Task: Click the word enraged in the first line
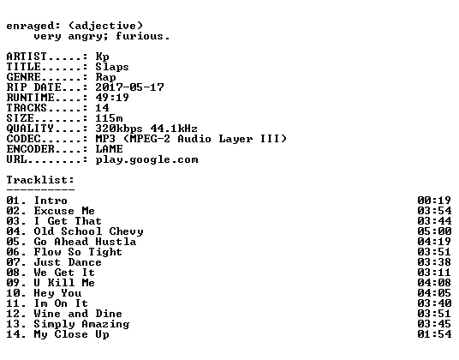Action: click(x=30, y=27)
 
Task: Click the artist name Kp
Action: click(x=102, y=57)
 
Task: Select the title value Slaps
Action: click(x=112, y=67)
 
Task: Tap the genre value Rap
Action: click(x=105, y=77)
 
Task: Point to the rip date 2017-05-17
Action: click(x=129, y=87)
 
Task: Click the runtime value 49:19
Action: click(x=112, y=98)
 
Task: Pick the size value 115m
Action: click(x=109, y=118)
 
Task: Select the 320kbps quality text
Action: click(x=119, y=129)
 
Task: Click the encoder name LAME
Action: click(x=109, y=149)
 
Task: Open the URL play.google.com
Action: click(x=146, y=160)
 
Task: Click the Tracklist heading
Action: click(x=40, y=180)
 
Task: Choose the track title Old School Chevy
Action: click(x=88, y=231)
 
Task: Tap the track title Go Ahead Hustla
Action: click(x=85, y=242)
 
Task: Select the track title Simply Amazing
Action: click(x=81, y=324)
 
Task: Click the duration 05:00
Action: click(x=434, y=231)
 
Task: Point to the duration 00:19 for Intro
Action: click(x=434, y=201)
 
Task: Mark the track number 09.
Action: click(x=13, y=283)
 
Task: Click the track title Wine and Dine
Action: click(x=78, y=314)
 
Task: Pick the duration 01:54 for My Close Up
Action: click(x=434, y=334)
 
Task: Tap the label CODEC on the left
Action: click(x=23, y=139)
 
